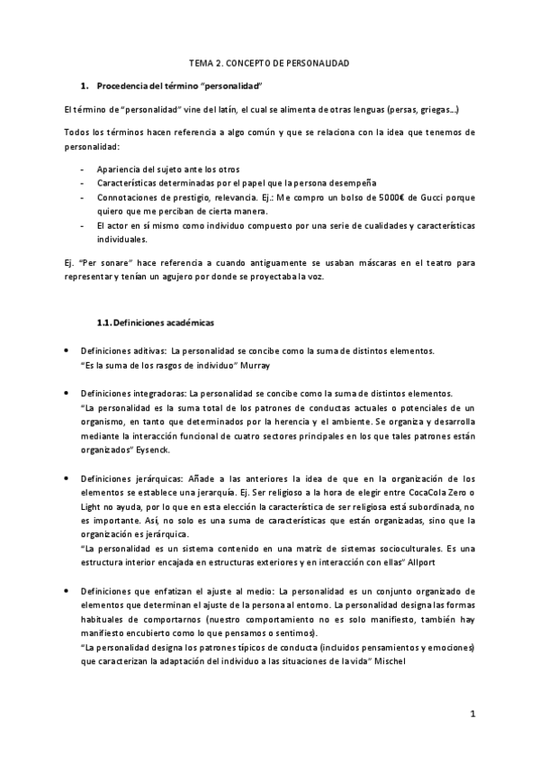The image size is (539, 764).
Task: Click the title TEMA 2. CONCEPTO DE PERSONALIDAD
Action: point(269,63)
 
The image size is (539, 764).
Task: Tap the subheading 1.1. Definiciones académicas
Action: point(155,323)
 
